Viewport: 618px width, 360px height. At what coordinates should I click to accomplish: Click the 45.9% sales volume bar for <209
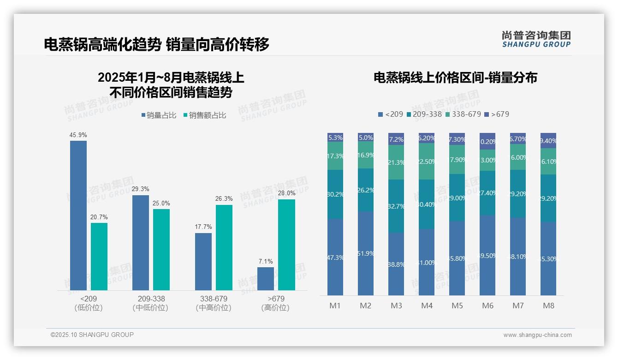[78, 215]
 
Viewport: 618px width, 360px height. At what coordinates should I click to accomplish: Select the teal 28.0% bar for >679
[286, 245]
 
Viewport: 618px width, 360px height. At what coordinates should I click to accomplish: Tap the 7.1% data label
[265, 261]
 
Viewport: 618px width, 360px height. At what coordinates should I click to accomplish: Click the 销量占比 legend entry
[159, 115]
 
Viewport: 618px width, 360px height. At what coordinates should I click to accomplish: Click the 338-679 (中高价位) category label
[214, 303]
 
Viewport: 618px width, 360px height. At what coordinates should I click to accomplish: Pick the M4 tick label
[427, 306]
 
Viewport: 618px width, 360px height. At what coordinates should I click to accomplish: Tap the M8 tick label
[548, 306]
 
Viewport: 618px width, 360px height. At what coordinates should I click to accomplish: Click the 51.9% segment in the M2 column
[366, 253]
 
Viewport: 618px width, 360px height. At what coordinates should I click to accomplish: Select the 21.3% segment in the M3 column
[396, 162]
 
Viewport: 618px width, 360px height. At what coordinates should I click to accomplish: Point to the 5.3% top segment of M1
[335, 138]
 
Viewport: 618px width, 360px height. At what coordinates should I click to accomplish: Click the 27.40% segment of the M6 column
[487, 193]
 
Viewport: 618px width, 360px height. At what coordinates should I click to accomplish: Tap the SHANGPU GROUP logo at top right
[536, 39]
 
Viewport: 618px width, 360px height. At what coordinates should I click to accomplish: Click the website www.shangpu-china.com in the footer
[537, 335]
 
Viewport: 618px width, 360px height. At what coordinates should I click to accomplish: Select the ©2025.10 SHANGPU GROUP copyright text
[92, 335]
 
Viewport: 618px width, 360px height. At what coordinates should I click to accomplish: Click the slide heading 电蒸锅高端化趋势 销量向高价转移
[157, 44]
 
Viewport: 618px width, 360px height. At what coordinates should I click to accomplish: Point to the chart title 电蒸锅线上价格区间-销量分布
[455, 78]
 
